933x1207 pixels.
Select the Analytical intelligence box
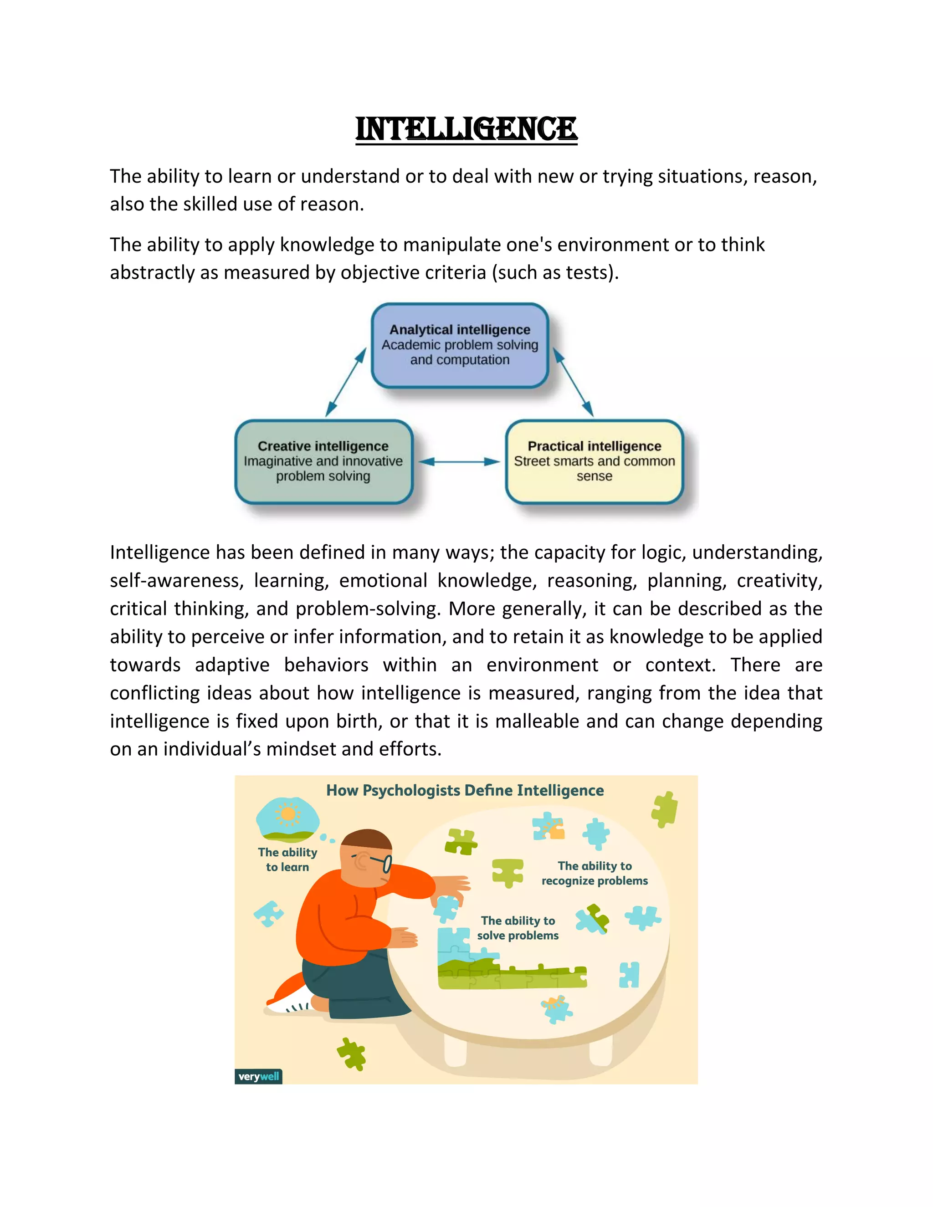[x=459, y=345]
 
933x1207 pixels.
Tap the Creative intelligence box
[x=323, y=461]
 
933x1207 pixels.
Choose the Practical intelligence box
[x=594, y=461]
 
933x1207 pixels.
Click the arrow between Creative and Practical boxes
[x=459, y=461]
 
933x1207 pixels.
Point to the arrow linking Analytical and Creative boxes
[x=346, y=381]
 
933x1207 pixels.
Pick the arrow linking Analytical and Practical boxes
[x=573, y=381]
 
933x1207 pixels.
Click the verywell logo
[x=258, y=1076]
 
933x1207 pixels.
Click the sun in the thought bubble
[x=288, y=813]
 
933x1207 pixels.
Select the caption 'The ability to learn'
[x=287, y=859]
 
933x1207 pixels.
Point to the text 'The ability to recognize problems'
[x=595, y=873]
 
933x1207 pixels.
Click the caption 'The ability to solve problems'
[x=518, y=928]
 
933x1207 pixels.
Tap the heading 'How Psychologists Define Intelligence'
[x=465, y=790]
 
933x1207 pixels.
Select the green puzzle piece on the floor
[x=352, y=1053]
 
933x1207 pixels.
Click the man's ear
[x=362, y=860]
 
